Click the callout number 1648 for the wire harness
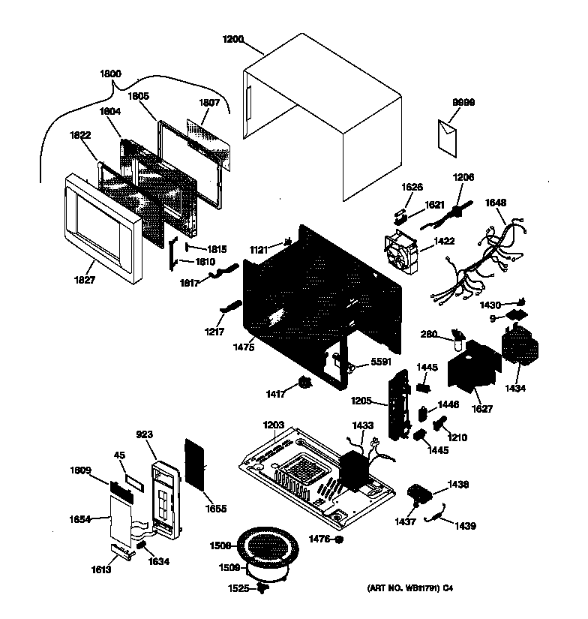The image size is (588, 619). (x=495, y=202)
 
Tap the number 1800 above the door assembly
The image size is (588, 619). (x=109, y=74)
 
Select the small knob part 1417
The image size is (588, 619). (x=304, y=383)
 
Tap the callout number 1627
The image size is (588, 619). (x=482, y=409)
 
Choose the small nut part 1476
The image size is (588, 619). (x=339, y=539)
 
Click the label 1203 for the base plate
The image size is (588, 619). (x=274, y=425)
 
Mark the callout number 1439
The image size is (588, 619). (x=464, y=526)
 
